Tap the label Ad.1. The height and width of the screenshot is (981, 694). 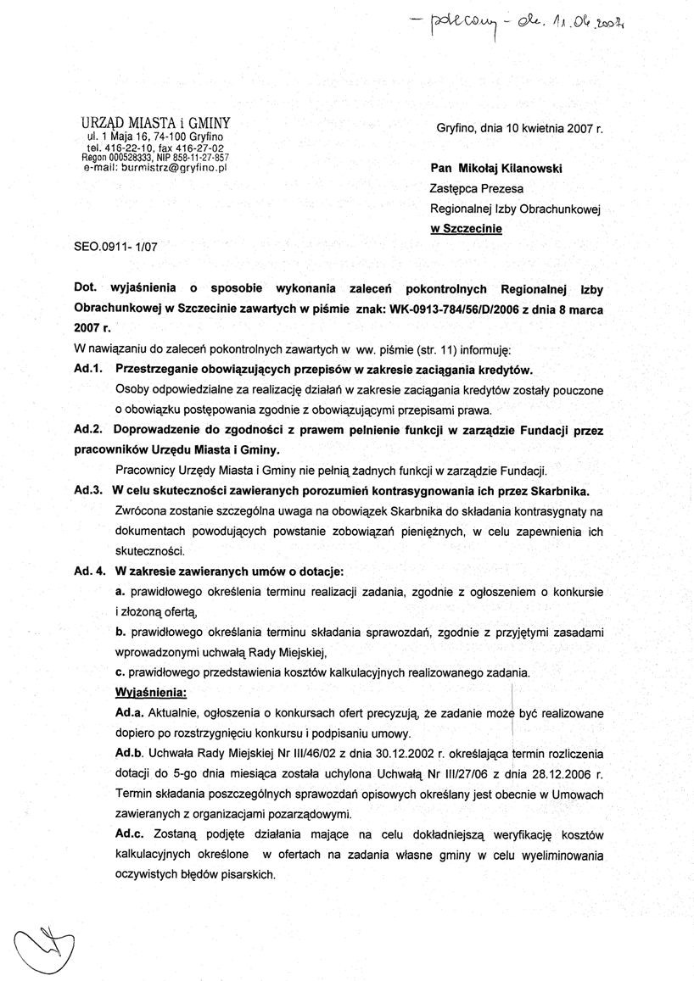pyautogui.click(x=88, y=370)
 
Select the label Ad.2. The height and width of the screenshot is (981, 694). pyautogui.click(x=88, y=430)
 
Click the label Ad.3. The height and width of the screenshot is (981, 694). pyautogui.click(x=88, y=491)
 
